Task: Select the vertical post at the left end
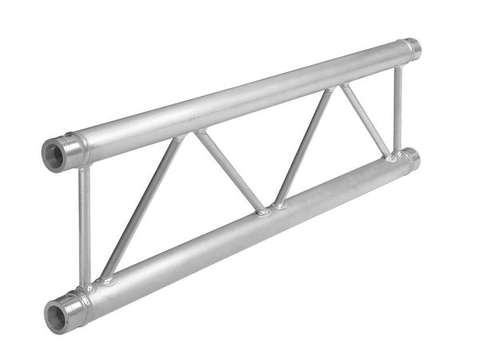point(84,224)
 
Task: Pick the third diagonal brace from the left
point(303,148)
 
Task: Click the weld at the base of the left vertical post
point(86,285)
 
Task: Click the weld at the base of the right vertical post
point(394,157)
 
